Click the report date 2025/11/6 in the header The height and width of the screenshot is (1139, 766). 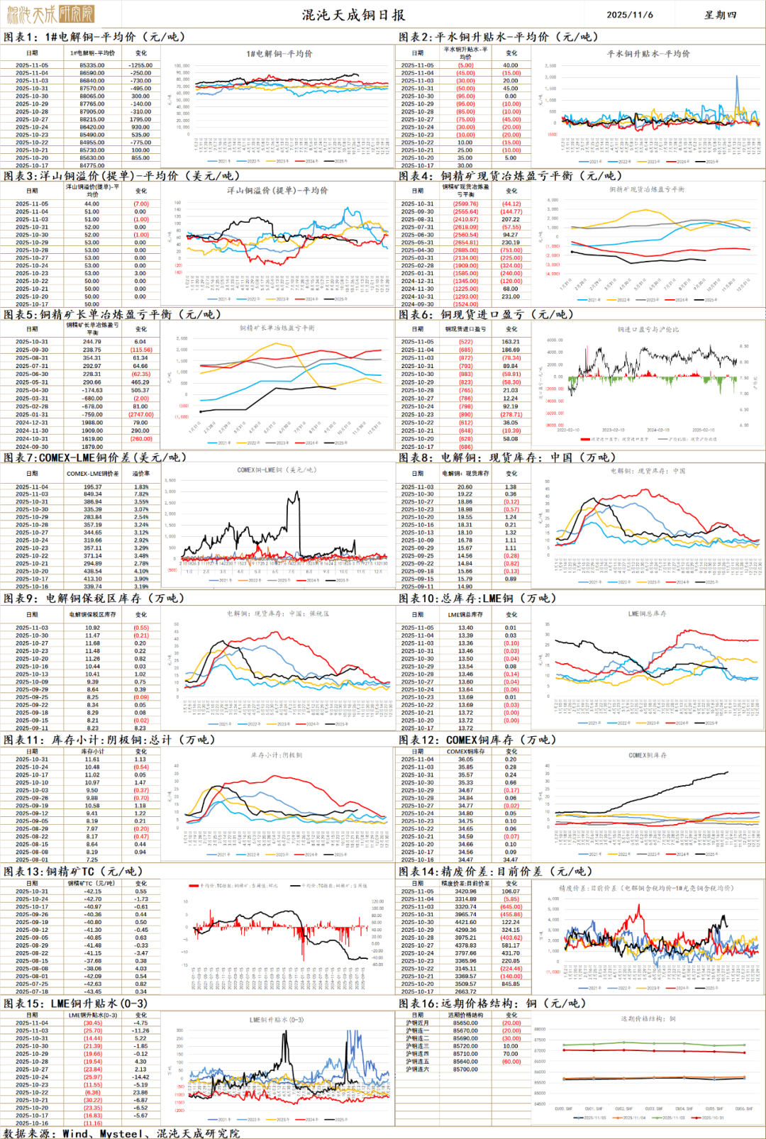coord(630,14)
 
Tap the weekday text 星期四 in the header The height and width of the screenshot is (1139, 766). coord(720,14)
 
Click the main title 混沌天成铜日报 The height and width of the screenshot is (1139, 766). coord(353,14)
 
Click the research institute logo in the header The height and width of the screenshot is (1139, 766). coord(50,13)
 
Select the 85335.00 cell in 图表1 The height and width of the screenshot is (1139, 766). coord(92,65)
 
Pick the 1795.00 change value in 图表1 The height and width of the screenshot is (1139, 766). coord(140,119)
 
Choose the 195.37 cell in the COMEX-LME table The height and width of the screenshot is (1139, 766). coord(92,487)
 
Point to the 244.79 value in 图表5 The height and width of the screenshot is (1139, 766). coord(92,342)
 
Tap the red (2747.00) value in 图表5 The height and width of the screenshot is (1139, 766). coord(140,415)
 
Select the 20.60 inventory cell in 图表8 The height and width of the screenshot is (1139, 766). coord(465,487)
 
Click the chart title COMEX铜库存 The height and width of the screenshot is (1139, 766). coord(647,755)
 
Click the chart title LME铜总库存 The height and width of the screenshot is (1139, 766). coord(647,613)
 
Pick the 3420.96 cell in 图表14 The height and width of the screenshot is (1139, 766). coord(465,891)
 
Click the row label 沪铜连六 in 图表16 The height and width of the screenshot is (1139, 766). coord(417,1069)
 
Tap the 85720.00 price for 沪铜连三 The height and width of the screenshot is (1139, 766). coord(465,1046)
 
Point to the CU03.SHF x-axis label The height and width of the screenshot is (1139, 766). coord(653,1109)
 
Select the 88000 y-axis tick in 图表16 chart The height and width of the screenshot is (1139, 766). coord(540,1030)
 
